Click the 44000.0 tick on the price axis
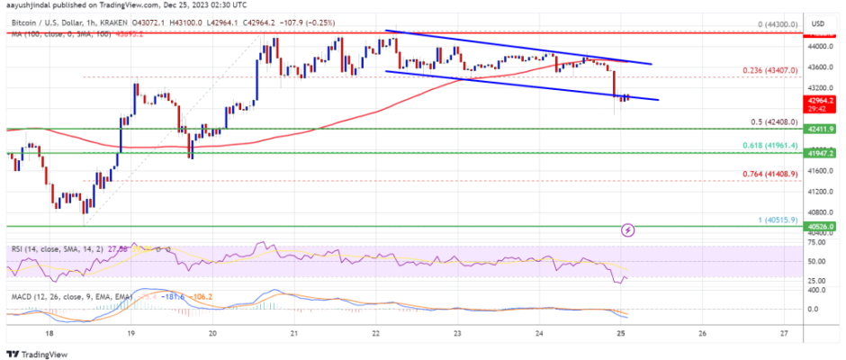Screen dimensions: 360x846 pos(816,45)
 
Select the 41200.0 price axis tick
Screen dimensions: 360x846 pos(816,192)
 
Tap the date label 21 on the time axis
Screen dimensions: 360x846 pos(294,332)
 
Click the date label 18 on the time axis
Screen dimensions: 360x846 pos(51,332)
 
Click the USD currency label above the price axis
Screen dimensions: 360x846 pos(818,23)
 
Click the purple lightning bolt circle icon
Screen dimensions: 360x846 pos(628,229)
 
